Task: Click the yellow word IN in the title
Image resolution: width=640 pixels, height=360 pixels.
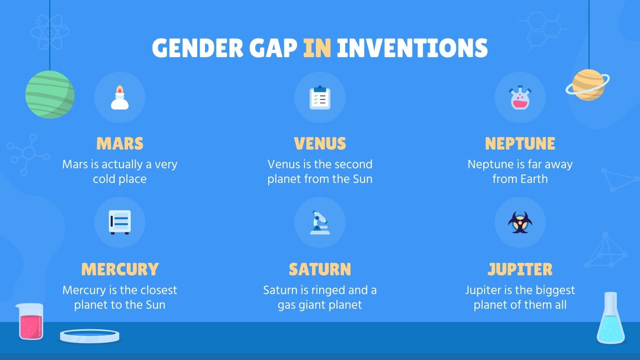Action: [317, 48]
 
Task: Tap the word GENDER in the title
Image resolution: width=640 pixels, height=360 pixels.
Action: [198, 48]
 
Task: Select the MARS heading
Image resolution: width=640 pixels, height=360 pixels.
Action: [120, 144]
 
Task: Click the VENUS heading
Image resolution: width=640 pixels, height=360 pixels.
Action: [320, 144]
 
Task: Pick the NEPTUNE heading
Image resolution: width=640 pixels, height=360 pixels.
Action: [520, 144]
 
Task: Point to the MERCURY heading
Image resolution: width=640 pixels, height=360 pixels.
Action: [120, 269]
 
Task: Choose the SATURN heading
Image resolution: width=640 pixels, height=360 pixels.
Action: [320, 269]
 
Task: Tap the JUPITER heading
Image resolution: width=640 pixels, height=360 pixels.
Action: [520, 269]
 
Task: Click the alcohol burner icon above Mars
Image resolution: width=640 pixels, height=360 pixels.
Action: [120, 98]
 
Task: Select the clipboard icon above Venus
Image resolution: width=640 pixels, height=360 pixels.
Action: [320, 98]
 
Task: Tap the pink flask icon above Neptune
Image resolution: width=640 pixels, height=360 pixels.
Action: [520, 98]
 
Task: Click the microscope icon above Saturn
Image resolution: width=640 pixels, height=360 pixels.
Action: [320, 222]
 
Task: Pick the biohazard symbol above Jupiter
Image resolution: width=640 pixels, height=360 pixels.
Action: [520, 222]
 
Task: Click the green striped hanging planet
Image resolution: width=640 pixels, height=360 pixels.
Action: [50, 94]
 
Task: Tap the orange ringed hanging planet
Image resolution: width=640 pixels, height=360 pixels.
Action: [588, 85]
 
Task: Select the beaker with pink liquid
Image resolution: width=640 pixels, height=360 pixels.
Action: [30, 322]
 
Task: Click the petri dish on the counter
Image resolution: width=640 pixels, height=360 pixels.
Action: [90, 336]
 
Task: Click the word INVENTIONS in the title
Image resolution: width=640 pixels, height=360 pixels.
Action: [412, 48]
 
